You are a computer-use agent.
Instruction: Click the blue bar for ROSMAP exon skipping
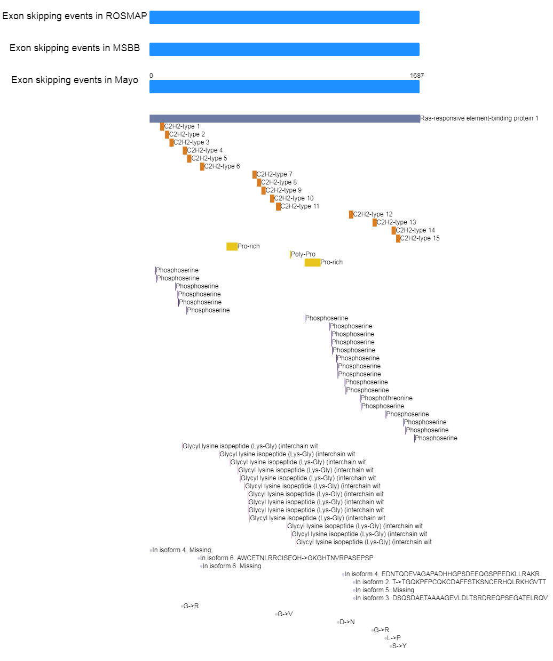[284, 17]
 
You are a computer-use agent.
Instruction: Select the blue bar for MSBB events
[284, 49]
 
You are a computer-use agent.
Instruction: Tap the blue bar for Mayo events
[284, 86]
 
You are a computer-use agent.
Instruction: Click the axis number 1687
[417, 75]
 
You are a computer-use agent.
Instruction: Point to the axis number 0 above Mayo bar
[151, 75]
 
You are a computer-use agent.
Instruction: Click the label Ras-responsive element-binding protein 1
[479, 118]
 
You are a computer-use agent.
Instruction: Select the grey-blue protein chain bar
[285, 118]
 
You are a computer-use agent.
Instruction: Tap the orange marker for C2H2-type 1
[162, 127]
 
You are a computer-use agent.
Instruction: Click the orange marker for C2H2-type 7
[254, 174]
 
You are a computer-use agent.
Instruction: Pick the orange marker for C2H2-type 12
[351, 214]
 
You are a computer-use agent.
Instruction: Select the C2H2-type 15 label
[420, 238]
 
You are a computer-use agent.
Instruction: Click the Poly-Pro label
[303, 254]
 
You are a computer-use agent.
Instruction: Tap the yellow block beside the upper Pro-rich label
[232, 246]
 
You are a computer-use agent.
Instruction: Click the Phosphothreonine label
[386, 398]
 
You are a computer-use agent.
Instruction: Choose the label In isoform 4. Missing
[181, 550]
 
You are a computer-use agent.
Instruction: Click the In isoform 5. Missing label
[385, 590]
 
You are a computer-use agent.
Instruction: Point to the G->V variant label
[285, 614]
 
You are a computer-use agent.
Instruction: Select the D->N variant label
[347, 622]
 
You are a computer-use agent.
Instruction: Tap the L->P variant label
[393, 638]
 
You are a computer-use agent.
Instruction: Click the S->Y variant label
[399, 646]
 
